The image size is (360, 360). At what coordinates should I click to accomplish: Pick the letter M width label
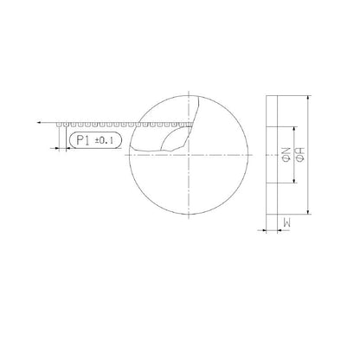point(285,223)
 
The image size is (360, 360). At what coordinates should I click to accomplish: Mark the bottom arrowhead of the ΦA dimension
point(307,212)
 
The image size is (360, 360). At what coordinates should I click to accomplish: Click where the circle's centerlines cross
point(190,155)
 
